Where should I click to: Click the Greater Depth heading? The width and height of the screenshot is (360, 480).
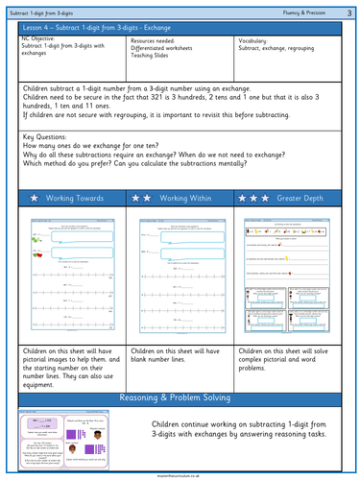[300, 197]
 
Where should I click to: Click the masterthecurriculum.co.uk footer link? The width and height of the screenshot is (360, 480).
[180, 474]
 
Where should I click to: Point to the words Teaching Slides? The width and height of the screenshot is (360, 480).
[153, 58]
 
